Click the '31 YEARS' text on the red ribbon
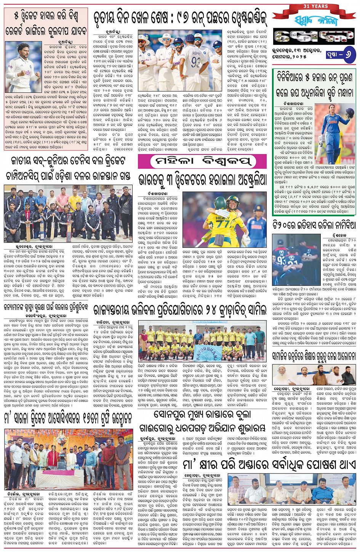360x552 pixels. (315, 6)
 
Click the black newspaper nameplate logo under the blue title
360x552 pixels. (314, 37)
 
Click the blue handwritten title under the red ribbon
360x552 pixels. (315, 22)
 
